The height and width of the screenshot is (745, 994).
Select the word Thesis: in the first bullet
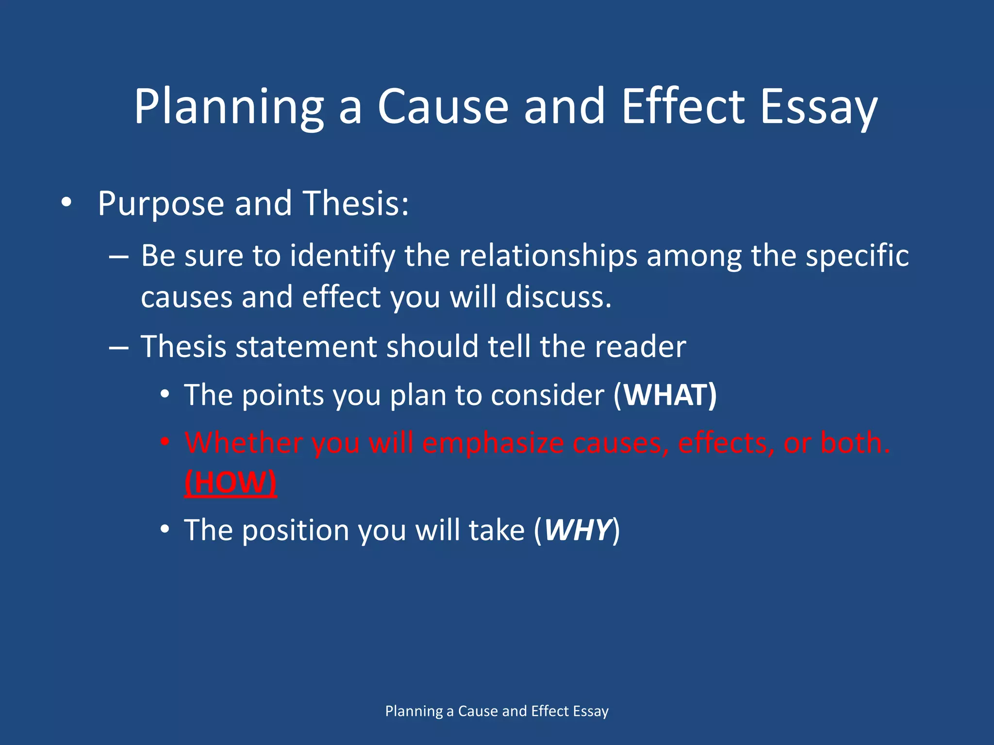(355, 203)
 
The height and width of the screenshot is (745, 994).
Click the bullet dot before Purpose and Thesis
(66, 202)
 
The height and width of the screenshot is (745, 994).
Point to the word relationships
(548, 256)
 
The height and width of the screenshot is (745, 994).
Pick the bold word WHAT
(665, 395)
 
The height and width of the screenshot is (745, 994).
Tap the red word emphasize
(493, 443)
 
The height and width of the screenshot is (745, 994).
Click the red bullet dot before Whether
(166, 442)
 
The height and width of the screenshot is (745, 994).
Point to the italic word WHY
(577, 530)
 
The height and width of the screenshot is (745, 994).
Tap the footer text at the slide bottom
(497, 711)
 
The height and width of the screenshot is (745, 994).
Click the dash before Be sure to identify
(119, 257)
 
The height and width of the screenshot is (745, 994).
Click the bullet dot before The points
(166, 394)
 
